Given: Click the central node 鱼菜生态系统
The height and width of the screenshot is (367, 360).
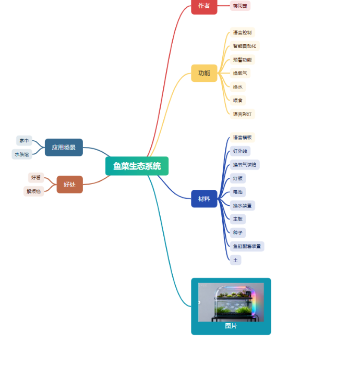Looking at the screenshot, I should pos(137,166).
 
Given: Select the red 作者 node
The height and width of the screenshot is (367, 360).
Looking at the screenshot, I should pos(204,6).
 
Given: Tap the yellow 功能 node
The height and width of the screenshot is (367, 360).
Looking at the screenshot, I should pos(204,73).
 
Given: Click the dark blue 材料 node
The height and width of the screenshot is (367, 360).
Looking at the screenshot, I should pos(204,199).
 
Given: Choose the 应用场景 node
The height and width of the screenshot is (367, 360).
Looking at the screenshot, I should pos(64,148).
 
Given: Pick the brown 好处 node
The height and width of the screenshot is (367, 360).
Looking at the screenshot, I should pos(69,185).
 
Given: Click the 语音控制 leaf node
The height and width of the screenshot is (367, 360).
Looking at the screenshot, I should pos(242,32).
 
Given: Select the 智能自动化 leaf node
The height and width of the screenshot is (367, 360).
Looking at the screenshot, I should pos(244,46).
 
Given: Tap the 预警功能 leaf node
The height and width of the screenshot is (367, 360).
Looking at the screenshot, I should pos(242,59).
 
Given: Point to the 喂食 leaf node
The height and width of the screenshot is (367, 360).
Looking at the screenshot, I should pos(237,100).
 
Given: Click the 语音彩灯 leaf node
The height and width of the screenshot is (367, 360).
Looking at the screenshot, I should pos(242,114).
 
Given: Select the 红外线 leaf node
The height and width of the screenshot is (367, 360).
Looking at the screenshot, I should pos(240,151).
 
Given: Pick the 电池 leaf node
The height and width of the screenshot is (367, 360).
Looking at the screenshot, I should pos(237,192).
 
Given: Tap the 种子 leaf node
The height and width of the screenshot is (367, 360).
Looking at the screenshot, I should pos(237,233).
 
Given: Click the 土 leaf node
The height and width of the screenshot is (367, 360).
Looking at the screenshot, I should pos(235,260).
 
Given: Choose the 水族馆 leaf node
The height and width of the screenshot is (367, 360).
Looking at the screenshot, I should pos(22,154).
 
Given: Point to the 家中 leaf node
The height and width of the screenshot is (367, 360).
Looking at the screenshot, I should pos(24,141).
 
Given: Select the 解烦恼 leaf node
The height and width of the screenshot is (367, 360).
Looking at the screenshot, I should pos(33,191).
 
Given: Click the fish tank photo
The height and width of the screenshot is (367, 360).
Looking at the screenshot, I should pos(231,302).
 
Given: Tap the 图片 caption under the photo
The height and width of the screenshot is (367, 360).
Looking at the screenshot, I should pos(231,326).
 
